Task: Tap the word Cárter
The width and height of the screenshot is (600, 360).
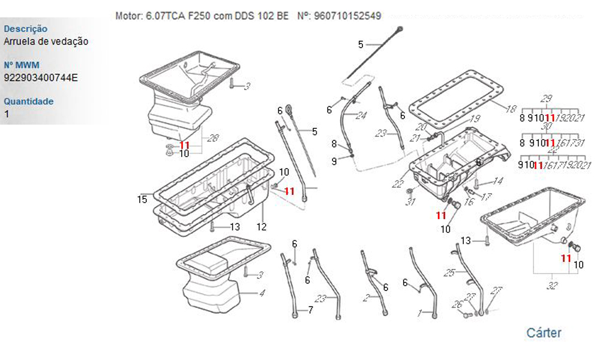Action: click(x=544, y=332)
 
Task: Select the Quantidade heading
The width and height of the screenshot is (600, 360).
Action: click(x=28, y=101)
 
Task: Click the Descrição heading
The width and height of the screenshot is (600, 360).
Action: click(x=26, y=29)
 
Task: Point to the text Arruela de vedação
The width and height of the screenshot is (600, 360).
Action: click(x=46, y=41)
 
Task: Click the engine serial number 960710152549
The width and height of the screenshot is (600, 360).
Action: click(x=347, y=16)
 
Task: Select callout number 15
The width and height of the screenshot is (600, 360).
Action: click(x=142, y=199)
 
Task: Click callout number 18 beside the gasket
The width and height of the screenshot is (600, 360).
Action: click(x=511, y=109)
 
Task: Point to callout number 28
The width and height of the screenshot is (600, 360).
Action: click(x=213, y=139)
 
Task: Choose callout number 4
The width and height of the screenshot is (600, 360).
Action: click(x=262, y=293)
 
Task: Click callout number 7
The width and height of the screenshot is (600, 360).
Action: click(x=310, y=310)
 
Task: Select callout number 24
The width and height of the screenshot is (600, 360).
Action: click(x=361, y=116)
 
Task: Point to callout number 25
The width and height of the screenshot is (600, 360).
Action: click(x=449, y=273)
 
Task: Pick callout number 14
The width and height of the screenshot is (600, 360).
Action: click(x=498, y=181)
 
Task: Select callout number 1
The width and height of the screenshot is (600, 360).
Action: click(x=421, y=313)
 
